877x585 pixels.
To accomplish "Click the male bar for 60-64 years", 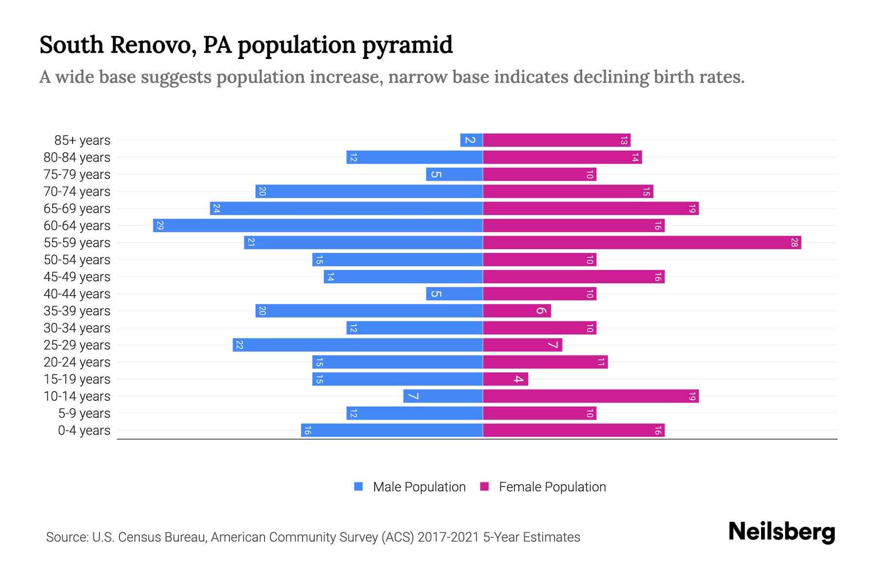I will click(x=318, y=226).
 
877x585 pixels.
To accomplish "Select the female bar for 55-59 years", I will click(x=642, y=243).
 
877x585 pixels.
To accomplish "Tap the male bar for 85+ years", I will click(x=471, y=140).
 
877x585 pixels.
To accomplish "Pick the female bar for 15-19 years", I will click(x=505, y=379).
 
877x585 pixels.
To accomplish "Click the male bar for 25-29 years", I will click(x=358, y=345).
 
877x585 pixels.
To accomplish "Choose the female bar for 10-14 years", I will click(x=591, y=396).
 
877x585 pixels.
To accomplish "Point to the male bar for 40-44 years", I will click(x=454, y=294).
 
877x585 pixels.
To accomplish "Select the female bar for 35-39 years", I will click(x=516, y=311).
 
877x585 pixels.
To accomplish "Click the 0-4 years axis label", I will click(x=84, y=430).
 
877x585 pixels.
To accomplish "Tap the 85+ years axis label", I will click(x=82, y=140).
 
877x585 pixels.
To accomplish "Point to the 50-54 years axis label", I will click(x=77, y=260).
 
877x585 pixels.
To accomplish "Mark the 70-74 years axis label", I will click(x=77, y=192).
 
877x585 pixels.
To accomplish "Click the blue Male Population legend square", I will click(x=359, y=487).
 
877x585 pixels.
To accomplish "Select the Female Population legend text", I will click(x=552, y=487).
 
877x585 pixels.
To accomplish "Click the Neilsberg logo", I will click(x=782, y=532).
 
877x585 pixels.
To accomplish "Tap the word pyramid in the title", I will click(x=407, y=45).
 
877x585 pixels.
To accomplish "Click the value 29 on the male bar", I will click(x=160, y=226).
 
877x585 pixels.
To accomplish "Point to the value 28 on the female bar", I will click(x=794, y=243).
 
